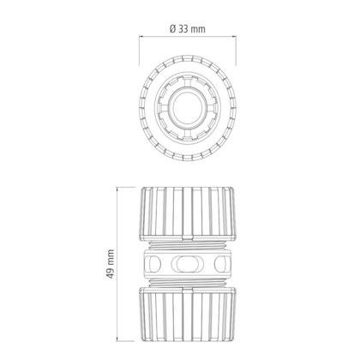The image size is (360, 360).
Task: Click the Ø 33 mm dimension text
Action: (x=188, y=29)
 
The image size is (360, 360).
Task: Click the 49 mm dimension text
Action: (x=110, y=264)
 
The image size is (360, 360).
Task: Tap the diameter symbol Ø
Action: (x=173, y=29)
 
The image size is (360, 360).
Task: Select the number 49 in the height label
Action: (x=110, y=273)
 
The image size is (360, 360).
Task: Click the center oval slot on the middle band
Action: (x=187, y=264)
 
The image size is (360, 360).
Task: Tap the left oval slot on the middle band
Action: (x=153, y=264)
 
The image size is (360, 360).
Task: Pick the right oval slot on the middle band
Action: (x=221, y=264)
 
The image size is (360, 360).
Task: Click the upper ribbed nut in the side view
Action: (x=188, y=213)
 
